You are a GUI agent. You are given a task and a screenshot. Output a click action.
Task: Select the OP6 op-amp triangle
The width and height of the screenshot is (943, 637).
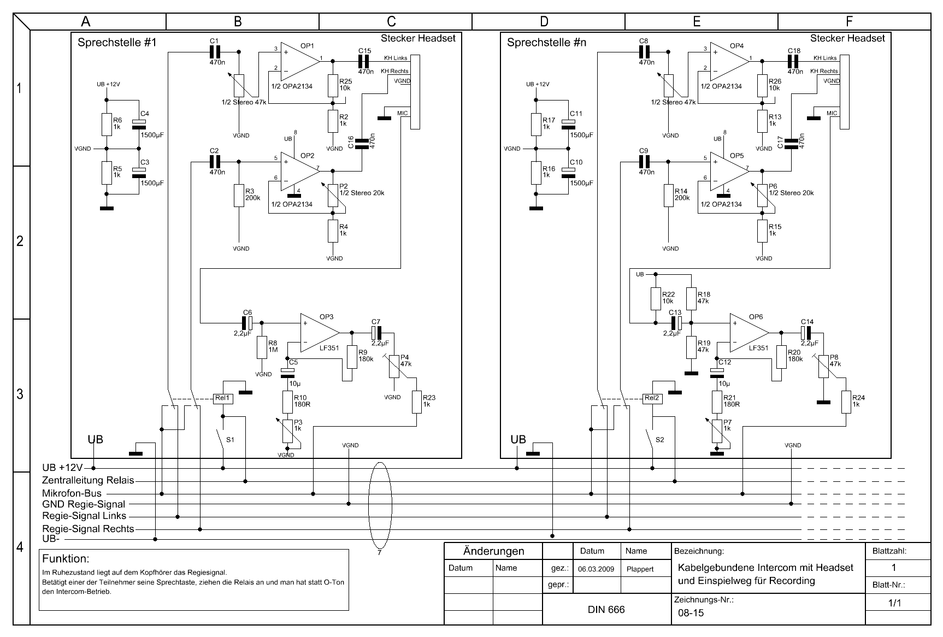(x=748, y=333)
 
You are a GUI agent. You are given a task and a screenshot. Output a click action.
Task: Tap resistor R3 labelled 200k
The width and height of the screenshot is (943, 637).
(x=238, y=196)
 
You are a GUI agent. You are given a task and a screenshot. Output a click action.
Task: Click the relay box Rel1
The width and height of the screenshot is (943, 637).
(x=223, y=398)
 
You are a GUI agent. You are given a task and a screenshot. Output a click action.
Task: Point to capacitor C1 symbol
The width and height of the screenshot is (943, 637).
(x=215, y=52)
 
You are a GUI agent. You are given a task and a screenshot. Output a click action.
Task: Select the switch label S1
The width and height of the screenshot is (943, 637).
(x=230, y=439)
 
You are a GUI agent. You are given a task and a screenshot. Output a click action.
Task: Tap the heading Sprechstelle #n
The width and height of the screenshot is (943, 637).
(x=546, y=43)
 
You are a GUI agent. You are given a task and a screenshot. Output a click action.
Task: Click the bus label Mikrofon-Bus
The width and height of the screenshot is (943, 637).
(x=72, y=493)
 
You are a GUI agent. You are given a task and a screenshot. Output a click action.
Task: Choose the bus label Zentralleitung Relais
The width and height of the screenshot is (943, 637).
(x=88, y=481)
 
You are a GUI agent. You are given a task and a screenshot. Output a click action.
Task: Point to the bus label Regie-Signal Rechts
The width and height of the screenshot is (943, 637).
(x=88, y=528)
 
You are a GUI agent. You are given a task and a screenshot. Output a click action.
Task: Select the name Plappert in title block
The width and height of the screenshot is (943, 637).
(x=640, y=569)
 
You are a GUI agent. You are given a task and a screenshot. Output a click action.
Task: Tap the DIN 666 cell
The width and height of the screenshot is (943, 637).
(x=606, y=609)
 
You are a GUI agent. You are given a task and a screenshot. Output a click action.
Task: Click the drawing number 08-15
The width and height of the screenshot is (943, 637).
(x=691, y=613)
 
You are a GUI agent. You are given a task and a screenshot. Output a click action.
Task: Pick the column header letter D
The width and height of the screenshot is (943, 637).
(x=544, y=21)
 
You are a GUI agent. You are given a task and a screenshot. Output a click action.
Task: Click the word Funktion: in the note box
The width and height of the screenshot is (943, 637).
(x=66, y=559)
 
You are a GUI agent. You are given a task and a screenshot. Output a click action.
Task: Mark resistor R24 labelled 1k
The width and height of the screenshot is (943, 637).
(x=846, y=402)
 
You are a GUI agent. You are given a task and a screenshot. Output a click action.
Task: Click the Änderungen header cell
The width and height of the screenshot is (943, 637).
(x=493, y=551)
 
